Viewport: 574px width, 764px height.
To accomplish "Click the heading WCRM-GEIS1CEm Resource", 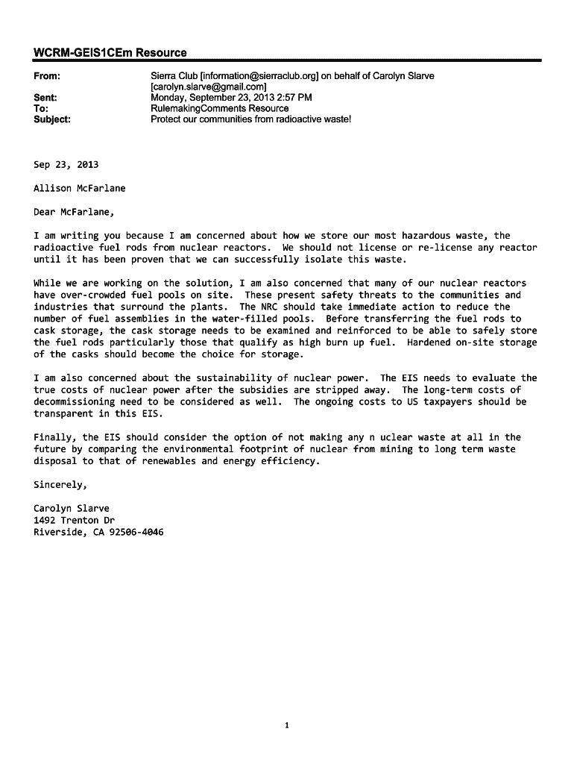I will pos(110,52).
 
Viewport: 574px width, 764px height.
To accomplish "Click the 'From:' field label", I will pos(47,76).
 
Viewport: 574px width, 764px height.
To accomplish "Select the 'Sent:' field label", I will pos(46,98).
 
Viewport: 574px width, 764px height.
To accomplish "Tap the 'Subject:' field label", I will pos(52,119).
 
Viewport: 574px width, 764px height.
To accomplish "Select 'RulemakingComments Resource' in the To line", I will pos(219,108).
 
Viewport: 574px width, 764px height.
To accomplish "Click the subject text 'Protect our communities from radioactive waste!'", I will pos(250,119).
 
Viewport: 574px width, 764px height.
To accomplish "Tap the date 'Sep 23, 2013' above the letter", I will pos(66,165).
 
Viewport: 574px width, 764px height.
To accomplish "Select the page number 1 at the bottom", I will pos(287,725).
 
